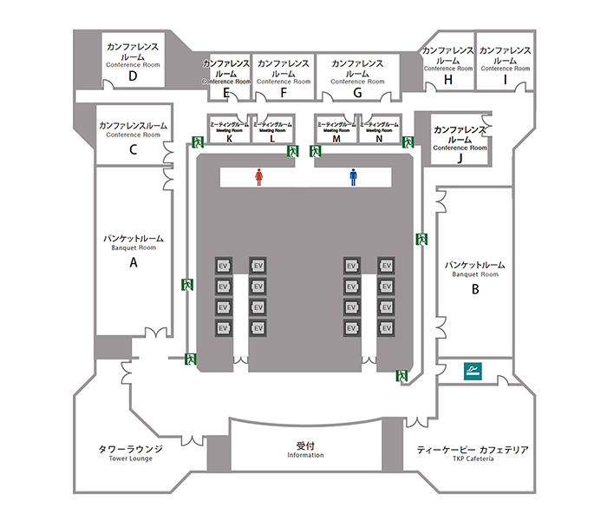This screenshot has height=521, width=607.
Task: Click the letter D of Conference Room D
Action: pyautogui.click(x=133, y=76)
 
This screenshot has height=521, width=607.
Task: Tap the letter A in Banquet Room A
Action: pyautogui.click(x=134, y=260)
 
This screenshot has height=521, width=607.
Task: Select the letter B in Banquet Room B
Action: pyautogui.click(x=474, y=289)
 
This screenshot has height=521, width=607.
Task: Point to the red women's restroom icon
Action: pyautogui.click(x=258, y=177)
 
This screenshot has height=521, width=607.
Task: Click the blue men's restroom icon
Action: pyautogui.click(x=353, y=177)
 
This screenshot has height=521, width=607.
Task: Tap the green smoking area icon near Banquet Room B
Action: pyautogui.click(x=473, y=372)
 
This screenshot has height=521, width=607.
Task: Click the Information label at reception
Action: pyautogui.click(x=304, y=455)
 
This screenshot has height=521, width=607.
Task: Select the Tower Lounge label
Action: pyautogui.click(x=131, y=458)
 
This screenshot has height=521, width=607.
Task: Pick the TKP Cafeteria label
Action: pyautogui.click(x=473, y=458)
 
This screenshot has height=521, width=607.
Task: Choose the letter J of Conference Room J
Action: pyautogui.click(x=460, y=159)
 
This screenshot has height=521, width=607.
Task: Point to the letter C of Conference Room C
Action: pyautogui.click(x=133, y=148)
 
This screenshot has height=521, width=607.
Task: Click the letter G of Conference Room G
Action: pyautogui.click(x=357, y=93)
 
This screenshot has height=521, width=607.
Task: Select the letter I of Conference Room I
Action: pyautogui.click(x=505, y=79)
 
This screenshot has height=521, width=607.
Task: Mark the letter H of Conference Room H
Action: pyautogui.click(x=448, y=79)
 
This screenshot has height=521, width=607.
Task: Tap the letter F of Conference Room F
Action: pyautogui.click(x=283, y=93)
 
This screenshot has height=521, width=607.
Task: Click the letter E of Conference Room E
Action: pyautogui.click(x=225, y=93)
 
